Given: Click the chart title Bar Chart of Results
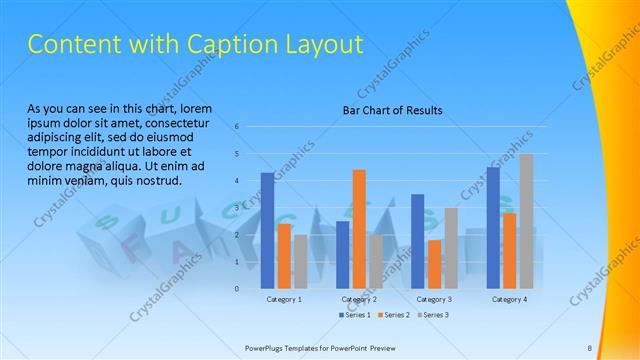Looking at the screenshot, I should pyautogui.click(x=386, y=110).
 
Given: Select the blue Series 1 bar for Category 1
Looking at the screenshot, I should pyautogui.click(x=267, y=230).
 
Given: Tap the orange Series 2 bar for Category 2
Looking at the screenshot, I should pyautogui.click(x=359, y=229).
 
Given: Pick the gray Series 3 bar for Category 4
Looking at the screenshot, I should pyautogui.click(x=526, y=221).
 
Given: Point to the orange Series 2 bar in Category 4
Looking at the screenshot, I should pyautogui.click(x=509, y=250).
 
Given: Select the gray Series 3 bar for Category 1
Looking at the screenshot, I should pyautogui.click(x=301, y=261).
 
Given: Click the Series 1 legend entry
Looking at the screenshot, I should pyautogui.click(x=355, y=316).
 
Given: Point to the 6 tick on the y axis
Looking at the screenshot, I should pyautogui.click(x=236, y=127).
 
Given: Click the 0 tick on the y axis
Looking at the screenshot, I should pyautogui.click(x=236, y=289).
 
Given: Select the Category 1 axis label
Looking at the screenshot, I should pyautogui.click(x=284, y=300).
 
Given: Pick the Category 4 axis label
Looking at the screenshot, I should pyautogui.click(x=509, y=300).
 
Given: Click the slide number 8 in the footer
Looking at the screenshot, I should pyautogui.click(x=589, y=348).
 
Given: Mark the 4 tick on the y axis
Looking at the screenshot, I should pyautogui.click(x=236, y=181).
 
